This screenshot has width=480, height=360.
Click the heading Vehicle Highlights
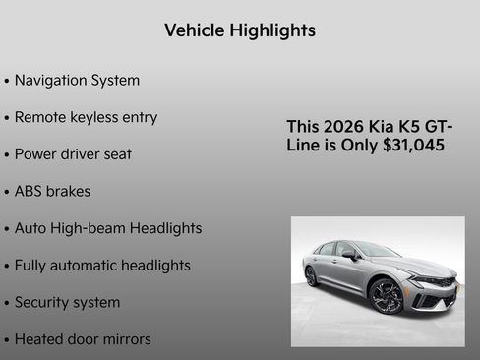(x=240, y=30)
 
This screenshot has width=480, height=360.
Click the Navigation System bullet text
(x=77, y=80)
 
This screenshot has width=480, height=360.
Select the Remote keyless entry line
(x=86, y=117)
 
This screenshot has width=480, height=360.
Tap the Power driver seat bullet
(x=73, y=154)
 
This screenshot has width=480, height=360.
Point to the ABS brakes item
(x=52, y=191)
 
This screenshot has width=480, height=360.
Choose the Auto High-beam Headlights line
(x=108, y=228)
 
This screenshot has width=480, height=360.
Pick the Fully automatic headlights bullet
(x=102, y=266)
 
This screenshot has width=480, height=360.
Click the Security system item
(x=67, y=302)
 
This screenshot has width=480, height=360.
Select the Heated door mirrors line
(x=83, y=339)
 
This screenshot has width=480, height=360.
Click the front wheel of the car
(x=386, y=295)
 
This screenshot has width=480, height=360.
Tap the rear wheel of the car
(x=312, y=276)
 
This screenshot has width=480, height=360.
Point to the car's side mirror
(x=349, y=254)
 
